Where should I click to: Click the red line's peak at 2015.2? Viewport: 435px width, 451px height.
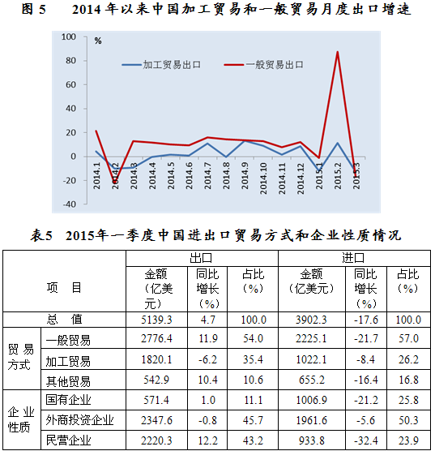pyautogui.click(x=337, y=52)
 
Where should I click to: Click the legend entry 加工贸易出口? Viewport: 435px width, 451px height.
pyautogui.click(x=161, y=65)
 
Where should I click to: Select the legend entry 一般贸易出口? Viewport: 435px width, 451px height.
pyautogui.click(x=264, y=65)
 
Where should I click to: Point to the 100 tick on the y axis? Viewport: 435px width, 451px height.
pyautogui.click(x=69, y=37)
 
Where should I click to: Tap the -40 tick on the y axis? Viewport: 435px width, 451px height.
pyautogui.click(x=69, y=204)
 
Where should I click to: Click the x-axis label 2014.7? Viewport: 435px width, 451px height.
pyautogui.click(x=207, y=175)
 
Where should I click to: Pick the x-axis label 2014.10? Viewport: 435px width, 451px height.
pyautogui.click(x=263, y=178)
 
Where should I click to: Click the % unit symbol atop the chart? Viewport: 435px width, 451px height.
pyautogui.click(x=98, y=41)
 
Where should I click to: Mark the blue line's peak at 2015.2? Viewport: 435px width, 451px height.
pyautogui.click(x=337, y=143)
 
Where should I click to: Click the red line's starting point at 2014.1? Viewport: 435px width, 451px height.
pyautogui.click(x=96, y=131)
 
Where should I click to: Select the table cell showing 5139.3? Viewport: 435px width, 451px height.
pyautogui.click(x=156, y=320)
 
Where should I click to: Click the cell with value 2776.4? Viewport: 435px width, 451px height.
pyautogui.click(x=156, y=338)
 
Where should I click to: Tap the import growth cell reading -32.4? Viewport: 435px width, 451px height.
pyautogui.click(x=366, y=440)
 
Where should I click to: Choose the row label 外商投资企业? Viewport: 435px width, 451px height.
pyautogui.click(x=79, y=420)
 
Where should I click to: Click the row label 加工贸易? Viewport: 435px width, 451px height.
pyautogui.click(x=68, y=361)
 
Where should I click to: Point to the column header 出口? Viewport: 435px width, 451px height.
pyautogui.click(x=201, y=258)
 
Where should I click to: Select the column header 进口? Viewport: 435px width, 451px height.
pyautogui.click(x=353, y=258)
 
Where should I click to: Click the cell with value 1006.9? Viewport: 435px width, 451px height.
pyautogui.click(x=311, y=400)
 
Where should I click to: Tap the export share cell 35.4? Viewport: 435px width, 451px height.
pyautogui.click(x=253, y=359)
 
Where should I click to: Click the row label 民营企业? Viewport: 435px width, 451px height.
pyautogui.click(x=68, y=440)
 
